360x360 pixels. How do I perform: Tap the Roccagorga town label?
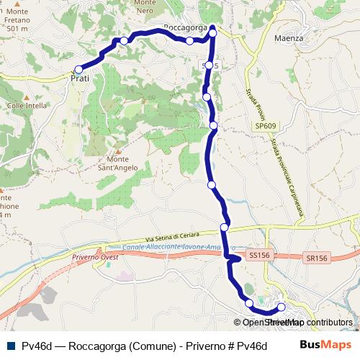(186, 27)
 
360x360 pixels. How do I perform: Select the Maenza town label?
(289, 37)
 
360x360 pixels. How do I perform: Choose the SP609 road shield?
(264, 126)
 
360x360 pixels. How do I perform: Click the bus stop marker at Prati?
(78, 69)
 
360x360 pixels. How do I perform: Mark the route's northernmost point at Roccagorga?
(212, 29)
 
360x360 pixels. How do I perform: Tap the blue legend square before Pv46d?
(9, 345)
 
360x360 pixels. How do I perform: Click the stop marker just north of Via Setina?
(224, 228)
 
